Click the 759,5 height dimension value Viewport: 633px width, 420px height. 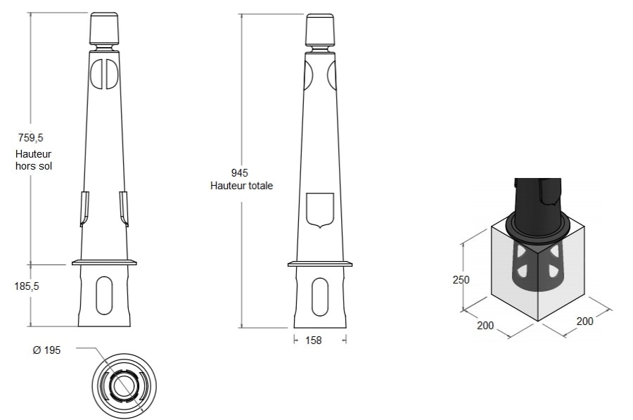click(31, 138)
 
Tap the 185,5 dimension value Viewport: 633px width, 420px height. click(27, 286)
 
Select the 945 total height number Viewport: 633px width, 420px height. click(239, 173)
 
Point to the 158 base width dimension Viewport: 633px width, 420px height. click(314, 341)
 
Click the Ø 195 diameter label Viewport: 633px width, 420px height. click(47, 350)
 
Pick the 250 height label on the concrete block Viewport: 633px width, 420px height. click(461, 279)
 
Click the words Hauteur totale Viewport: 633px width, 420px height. click(241, 186)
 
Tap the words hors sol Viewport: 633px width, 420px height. click(34, 166)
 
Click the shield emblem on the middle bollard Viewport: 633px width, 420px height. click(320, 210)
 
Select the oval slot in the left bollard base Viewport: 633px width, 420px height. click(104, 296)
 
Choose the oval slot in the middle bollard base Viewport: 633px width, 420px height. click(320, 297)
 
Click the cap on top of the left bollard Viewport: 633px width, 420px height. click(104, 28)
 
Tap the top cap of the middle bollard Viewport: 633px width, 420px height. click(320, 30)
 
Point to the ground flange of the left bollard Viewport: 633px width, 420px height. click(104, 262)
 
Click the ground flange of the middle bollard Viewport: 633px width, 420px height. click(320, 264)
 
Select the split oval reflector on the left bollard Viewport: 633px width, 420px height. click(104, 73)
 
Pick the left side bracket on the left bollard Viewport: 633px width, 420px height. click(84, 209)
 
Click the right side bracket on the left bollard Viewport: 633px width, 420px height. click(124, 209)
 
